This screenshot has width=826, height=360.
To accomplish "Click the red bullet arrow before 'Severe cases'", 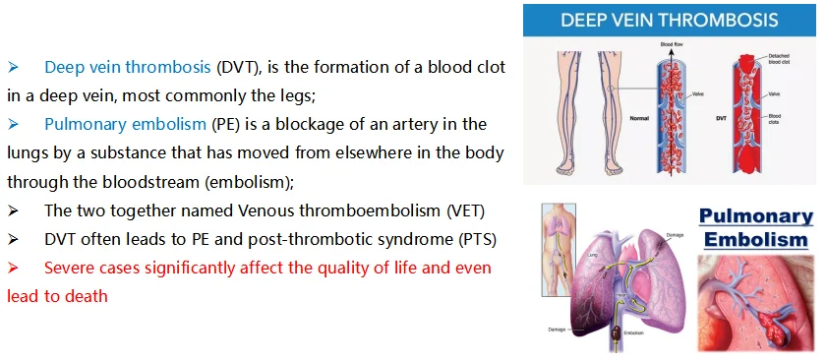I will pyautogui.click(x=14, y=268).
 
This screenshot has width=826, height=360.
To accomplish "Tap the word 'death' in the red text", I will pyautogui.click(x=87, y=295).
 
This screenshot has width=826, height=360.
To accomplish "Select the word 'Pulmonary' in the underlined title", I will pyautogui.click(x=755, y=216).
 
